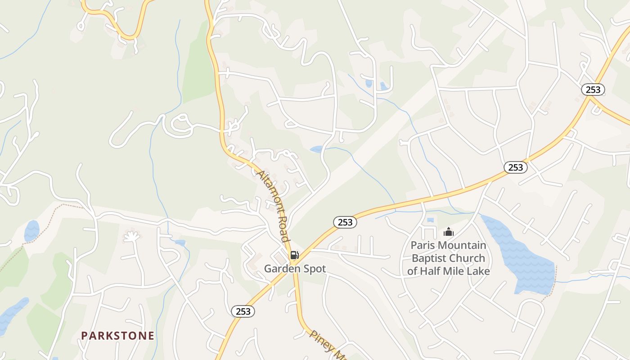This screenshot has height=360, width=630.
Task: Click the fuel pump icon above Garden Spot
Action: point(294,255)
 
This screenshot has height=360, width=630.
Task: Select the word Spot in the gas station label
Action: point(312,269)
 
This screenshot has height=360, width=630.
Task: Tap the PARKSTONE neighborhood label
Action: point(117,336)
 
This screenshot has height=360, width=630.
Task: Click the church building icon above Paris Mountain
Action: point(448,232)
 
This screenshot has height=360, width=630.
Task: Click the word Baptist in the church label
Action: point(430,258)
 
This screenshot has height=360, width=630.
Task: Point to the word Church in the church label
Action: point(469,258)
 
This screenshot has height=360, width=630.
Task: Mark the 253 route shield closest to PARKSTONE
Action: point(243,311)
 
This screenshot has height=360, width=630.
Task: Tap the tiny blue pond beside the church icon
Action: point(430,220)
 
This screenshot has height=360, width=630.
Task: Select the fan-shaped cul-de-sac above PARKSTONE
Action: point(131,236)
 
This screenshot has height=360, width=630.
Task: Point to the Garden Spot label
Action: point(295,269)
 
